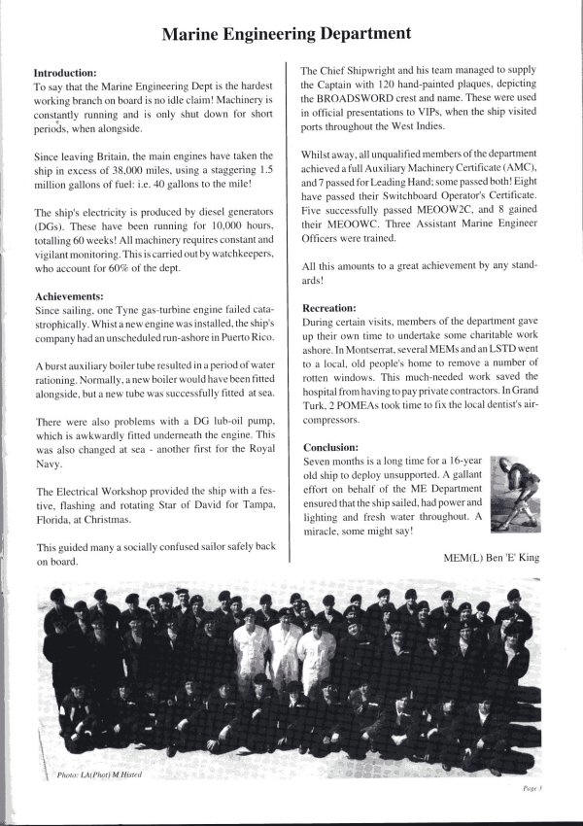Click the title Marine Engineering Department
(286, 34)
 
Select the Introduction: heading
(65, 73)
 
